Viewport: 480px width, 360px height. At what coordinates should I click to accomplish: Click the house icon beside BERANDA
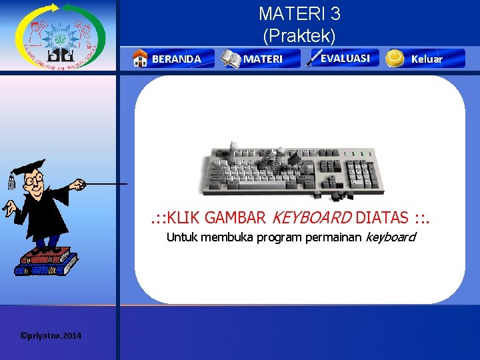click(140, 59)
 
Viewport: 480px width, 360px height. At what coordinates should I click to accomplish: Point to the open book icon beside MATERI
click(231, 59)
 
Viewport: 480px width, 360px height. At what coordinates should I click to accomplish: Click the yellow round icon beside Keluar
click(395, 58)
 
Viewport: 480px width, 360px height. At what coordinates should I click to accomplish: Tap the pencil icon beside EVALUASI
click(313, 58)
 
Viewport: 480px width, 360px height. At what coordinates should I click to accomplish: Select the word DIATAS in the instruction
click(383, 217)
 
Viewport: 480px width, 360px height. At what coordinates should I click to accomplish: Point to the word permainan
click(333, 237)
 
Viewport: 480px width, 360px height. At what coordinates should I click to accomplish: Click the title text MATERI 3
click(299, 13)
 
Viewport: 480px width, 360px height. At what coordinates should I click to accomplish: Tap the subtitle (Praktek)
click(299, 34)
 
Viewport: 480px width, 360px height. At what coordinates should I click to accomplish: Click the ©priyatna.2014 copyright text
click(51, 335)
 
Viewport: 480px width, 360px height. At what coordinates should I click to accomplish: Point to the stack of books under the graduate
click(45, 261)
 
